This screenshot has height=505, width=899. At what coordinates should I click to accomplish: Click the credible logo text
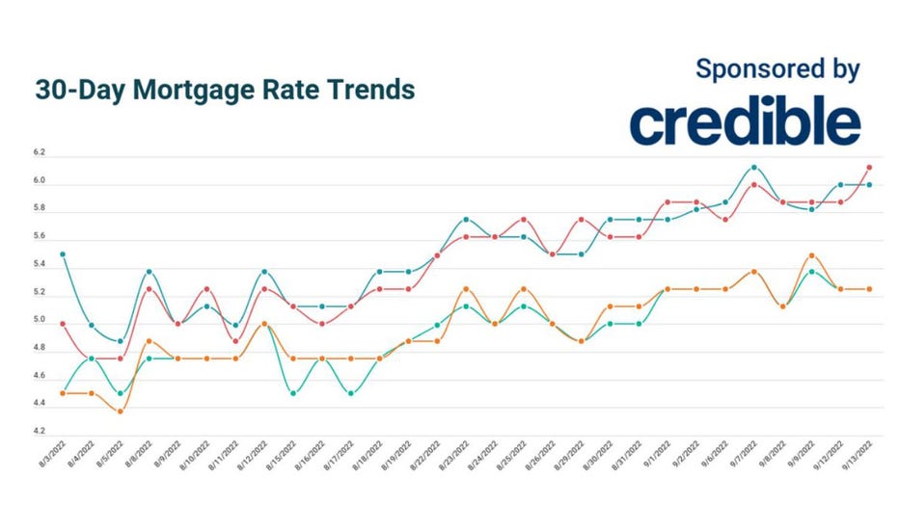coord(745,122)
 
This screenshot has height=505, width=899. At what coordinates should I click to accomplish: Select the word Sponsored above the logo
coord(744,69)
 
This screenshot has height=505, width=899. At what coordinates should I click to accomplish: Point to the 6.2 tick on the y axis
coord(40,153)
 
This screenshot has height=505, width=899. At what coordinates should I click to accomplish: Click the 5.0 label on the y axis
coord(40,320)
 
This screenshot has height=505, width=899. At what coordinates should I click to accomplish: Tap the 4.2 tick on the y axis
coord(40,432)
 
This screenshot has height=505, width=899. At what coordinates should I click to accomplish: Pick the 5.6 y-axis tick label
coord(40,237)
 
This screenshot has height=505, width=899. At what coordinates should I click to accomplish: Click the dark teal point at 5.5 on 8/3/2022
coord(63,254)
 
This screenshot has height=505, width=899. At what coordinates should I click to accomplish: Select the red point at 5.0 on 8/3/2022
coord(63,324)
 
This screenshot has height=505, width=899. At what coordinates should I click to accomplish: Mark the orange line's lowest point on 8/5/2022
coord(119,412)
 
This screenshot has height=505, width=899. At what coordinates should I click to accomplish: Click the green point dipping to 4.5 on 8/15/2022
coord(293,393)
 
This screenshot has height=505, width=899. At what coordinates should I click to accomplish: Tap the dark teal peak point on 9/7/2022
coord(754,168)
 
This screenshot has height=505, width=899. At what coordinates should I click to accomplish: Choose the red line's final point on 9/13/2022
coord(869,168)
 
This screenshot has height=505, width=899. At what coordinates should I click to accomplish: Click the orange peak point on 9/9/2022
coord(811,255)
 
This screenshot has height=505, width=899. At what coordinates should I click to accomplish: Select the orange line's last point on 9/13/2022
coord(869,289)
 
